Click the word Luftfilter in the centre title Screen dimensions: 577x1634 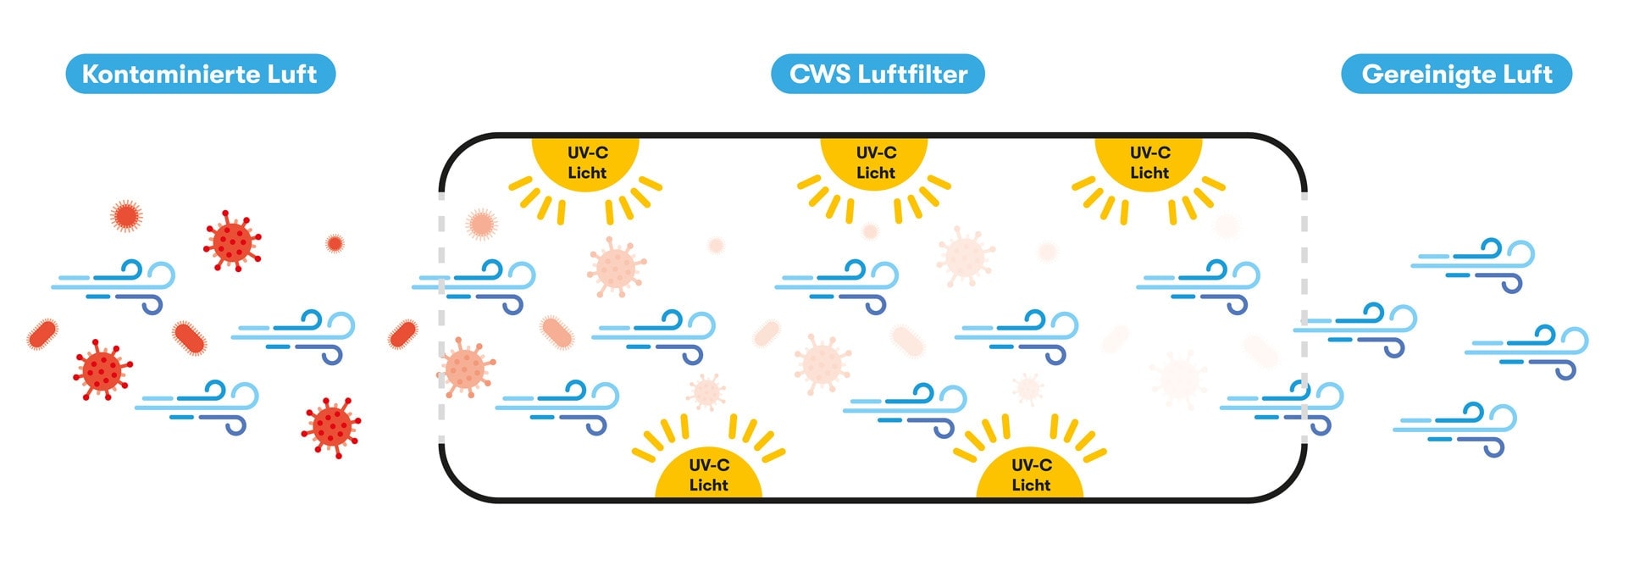[x=912, y=75]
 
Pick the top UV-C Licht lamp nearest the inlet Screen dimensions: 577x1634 [x=586, y=164]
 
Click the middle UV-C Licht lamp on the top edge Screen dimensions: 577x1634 [x=875, y=164]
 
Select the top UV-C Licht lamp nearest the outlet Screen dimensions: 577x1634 [x=1149, y=164]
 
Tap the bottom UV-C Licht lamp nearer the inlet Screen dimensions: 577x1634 [x=708, y=474]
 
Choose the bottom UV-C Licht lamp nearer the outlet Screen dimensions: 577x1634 [x=1030, y=474]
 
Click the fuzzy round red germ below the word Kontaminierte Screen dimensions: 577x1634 [x=126, y=216]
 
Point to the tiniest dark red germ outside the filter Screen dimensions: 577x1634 [x=335, y=244]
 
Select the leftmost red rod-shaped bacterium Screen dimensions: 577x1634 [x=42, y=335]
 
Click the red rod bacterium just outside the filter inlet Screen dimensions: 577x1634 [x=402, y=335]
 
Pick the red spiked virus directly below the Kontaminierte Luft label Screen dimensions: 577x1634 [x=232, y=241]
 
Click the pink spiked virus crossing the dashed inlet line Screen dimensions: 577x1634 [x=464, y=368]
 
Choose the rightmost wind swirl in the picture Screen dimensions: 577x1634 [x=1527, y=351]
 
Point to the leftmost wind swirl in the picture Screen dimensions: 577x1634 [x=114, y=286]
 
